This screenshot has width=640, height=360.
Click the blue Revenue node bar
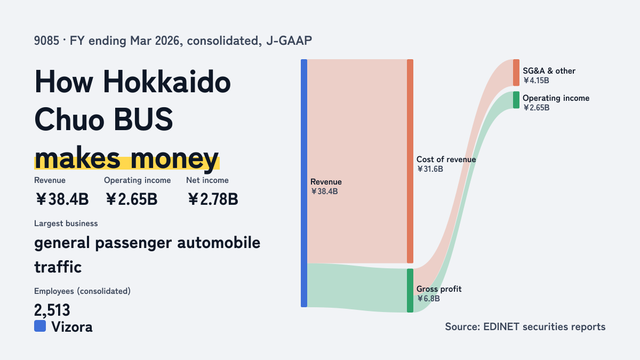[304, 183]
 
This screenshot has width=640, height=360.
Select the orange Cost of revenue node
[410, 161]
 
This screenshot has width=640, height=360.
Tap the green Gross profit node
[410, 290]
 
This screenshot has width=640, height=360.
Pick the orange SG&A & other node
[516, 73]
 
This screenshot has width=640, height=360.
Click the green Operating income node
[516, 100]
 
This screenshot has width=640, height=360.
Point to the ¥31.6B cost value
[430, 169]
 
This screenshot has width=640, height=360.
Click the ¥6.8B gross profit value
[428, 299]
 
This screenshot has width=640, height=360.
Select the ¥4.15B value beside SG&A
[536, 81]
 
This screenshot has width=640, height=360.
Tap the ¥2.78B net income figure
[213, 199]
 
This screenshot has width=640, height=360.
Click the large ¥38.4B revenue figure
[62, 199]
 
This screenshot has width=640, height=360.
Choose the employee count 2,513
[52, 310]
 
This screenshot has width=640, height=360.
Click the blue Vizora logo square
[40, 326]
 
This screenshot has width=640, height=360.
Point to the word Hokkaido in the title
[166, 82]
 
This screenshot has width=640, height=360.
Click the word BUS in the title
[143, 119]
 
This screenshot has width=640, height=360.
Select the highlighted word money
[174, 159]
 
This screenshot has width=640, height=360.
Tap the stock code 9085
[46, 41]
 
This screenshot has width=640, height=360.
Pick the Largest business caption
[66, 223]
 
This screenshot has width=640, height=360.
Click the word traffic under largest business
[58, 267]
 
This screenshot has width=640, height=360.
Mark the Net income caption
[207, 180]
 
